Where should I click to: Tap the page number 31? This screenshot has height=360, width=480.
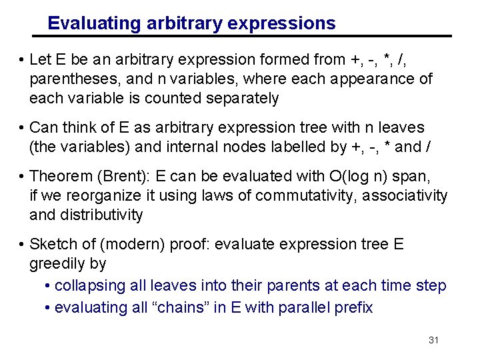[x=433, y=340]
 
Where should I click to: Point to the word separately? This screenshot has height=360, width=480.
[x=237, y=99]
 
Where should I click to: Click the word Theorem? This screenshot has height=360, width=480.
[x=60, y=177]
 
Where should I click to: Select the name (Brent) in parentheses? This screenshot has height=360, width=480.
[x=118, y=177]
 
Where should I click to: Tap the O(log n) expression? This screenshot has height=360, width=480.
[x=374, y=177]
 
